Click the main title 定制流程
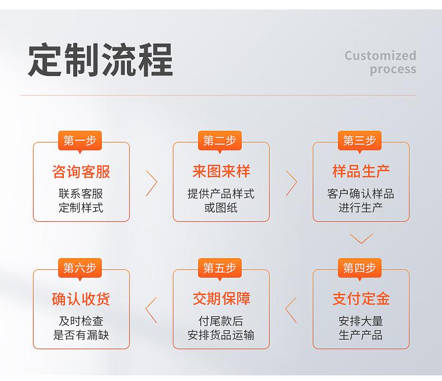[100, 60]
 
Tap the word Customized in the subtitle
[380, 55]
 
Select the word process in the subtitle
[393, 69]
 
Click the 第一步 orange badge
[80, 140]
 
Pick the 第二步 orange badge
[219, 140]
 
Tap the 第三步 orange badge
[359, 140]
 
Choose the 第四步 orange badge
[359, 268]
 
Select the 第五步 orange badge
[219, 268]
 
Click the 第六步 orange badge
[80, 268]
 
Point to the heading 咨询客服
[81, 172]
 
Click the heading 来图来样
[221, 171]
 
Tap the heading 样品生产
[361, 171]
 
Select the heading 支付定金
[361, 298]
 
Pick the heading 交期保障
[221, 298]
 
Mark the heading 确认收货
[81, 298]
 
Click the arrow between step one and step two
[157, 183]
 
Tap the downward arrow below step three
[361, 243]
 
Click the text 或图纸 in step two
[221, 208]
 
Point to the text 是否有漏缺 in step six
[81, 335]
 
